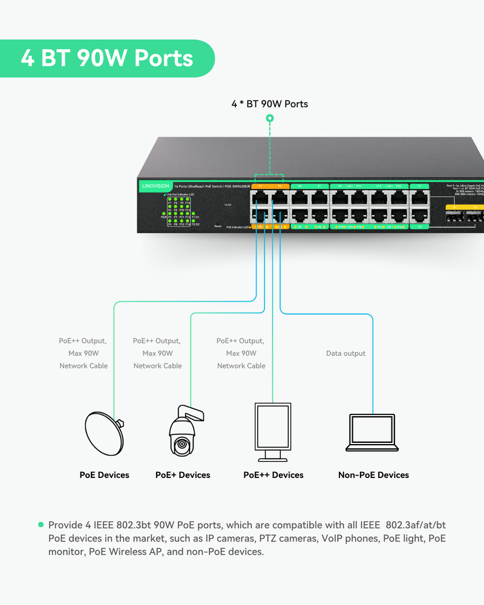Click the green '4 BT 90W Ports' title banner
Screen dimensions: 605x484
[x=107, y=58]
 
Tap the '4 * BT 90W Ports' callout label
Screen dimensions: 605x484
[x=269, y=104]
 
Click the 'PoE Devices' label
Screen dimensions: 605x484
[x=104, y=475]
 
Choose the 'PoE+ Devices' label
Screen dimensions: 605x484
[x=183, y=475]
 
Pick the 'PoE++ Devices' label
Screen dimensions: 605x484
[x=273, y=475]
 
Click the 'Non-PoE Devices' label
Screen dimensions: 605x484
[x=373, y=475]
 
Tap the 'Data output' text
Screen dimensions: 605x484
[x=345, y=353]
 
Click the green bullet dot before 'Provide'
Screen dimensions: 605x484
[x=41, y=525]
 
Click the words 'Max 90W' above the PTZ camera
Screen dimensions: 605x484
[x=157, y=353]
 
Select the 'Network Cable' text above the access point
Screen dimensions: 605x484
[x=83, y=365]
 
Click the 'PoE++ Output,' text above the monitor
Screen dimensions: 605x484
[x=240, y=341]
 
